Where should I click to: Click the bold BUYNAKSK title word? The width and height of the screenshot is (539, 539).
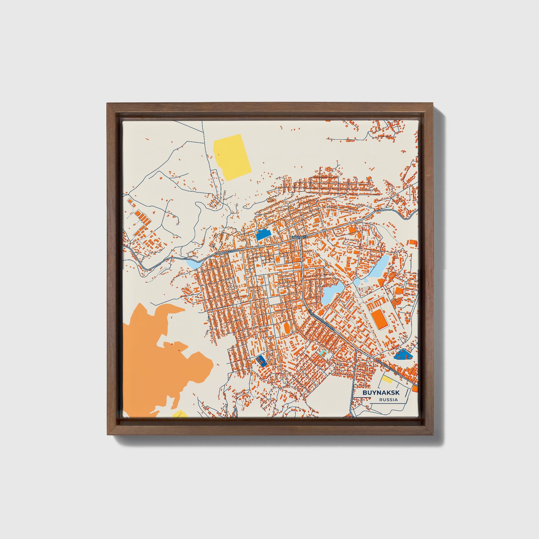pyautogui.click(x=381, y=392)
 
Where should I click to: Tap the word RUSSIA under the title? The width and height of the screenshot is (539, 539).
pyautogui.click(x=388, y=400)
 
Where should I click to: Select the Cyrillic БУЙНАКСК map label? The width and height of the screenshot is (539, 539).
pyautogui.click(x=299, y=237)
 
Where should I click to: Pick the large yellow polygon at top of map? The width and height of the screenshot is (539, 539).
pyautogui.click(x=232, y=157)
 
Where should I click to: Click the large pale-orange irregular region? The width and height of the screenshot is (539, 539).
pyautogui.click(x=156, y=360)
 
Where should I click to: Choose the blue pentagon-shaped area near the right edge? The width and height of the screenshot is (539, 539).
pyautogui.click(x=402, y=355)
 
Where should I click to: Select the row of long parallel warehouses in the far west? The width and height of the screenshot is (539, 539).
pyautogui.click(x=143, y=218)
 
